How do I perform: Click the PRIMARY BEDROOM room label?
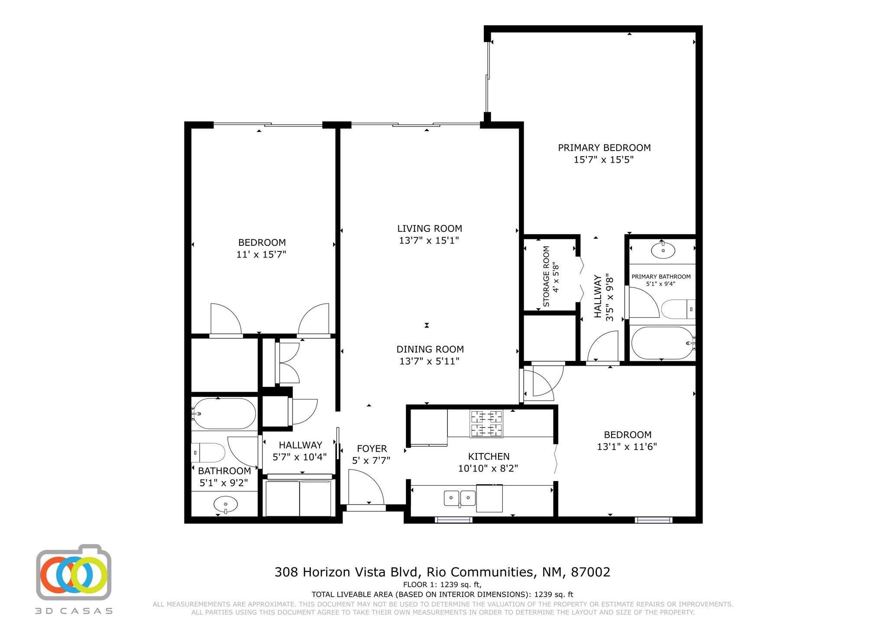(604, 148)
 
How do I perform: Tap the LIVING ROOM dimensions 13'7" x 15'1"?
(429, 240)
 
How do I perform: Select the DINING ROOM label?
(430, 349)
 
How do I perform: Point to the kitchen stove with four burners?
(486, 424)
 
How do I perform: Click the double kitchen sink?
(460, 498)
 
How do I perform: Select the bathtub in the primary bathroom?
(662, 343)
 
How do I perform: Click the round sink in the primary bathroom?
(663, 250)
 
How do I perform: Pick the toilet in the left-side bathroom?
(209, 453)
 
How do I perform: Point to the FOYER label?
(372, 449)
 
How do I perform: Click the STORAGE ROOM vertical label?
(546, 277)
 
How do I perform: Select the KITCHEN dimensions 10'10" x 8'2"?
(488, 468)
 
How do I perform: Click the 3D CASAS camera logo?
(74, 573)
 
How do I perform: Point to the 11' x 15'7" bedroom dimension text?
(261, 254)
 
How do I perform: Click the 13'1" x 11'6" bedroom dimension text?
(627, 447)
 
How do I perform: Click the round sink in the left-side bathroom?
(225, 504)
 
